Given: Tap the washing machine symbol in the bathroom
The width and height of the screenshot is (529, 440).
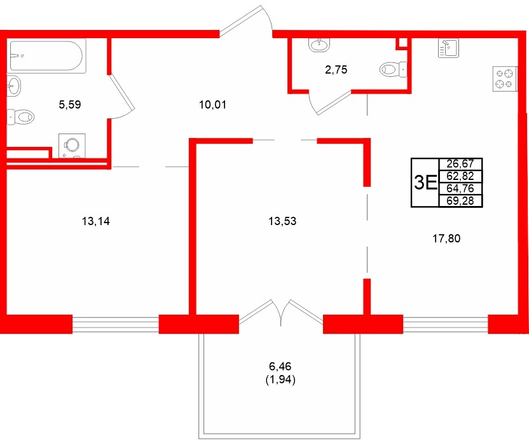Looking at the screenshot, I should coord(71,146).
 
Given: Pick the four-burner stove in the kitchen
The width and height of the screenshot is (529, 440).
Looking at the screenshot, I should coord(504,77).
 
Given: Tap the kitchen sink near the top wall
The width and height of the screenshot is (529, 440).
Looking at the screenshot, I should coord(448,48).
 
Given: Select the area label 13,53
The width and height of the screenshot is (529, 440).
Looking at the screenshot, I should coord(283,221).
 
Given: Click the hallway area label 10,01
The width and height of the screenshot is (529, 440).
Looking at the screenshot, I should coord(213,104).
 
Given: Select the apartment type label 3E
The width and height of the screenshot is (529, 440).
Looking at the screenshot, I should coord(425,183).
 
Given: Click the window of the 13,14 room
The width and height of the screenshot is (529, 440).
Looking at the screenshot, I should coord(115,324).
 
